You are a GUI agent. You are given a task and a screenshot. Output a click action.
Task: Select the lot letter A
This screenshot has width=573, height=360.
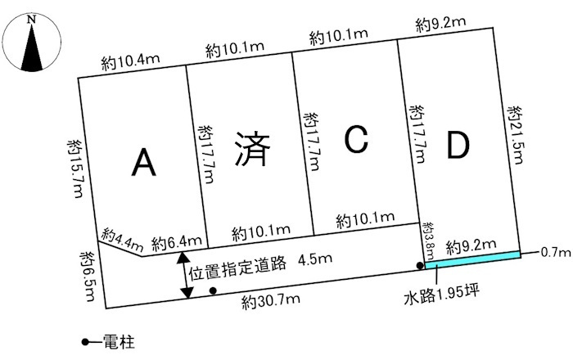(x=144, y=164)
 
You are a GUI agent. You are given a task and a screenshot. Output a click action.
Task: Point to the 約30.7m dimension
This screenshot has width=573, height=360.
(x=270, y=302)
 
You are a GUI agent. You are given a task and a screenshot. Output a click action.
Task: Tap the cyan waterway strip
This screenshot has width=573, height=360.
(x=472, y=258)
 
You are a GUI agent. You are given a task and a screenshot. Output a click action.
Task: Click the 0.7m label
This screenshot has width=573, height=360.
(x=555, y=253)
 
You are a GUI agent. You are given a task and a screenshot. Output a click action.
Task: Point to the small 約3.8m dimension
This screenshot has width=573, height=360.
(x=428, y=240)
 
